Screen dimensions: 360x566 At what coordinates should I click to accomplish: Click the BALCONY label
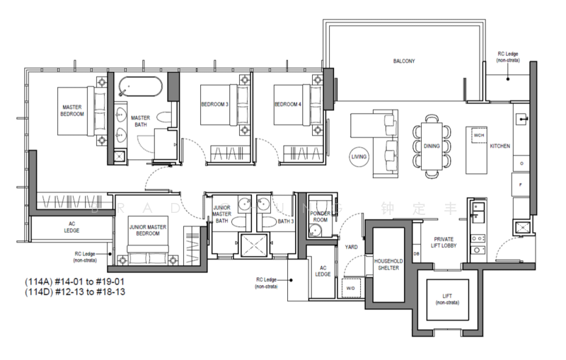click(x=404, y=62)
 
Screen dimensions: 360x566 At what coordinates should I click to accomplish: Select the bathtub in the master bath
click(x=140, y=88)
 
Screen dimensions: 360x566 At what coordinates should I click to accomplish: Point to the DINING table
click(x=431, y=145)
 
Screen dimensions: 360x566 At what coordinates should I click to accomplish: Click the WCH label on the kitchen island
click(x=479, y=134)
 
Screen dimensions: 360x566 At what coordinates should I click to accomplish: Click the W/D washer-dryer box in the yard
click(x=350, y=288)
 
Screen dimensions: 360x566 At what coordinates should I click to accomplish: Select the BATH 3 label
click(x=286, y=221)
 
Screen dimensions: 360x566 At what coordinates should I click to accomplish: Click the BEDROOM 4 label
click(x=287, y=104)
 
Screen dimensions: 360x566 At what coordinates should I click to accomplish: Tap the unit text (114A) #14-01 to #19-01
click(x=69, y=281)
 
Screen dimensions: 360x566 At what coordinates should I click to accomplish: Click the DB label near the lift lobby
click(x=416, y=254)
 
